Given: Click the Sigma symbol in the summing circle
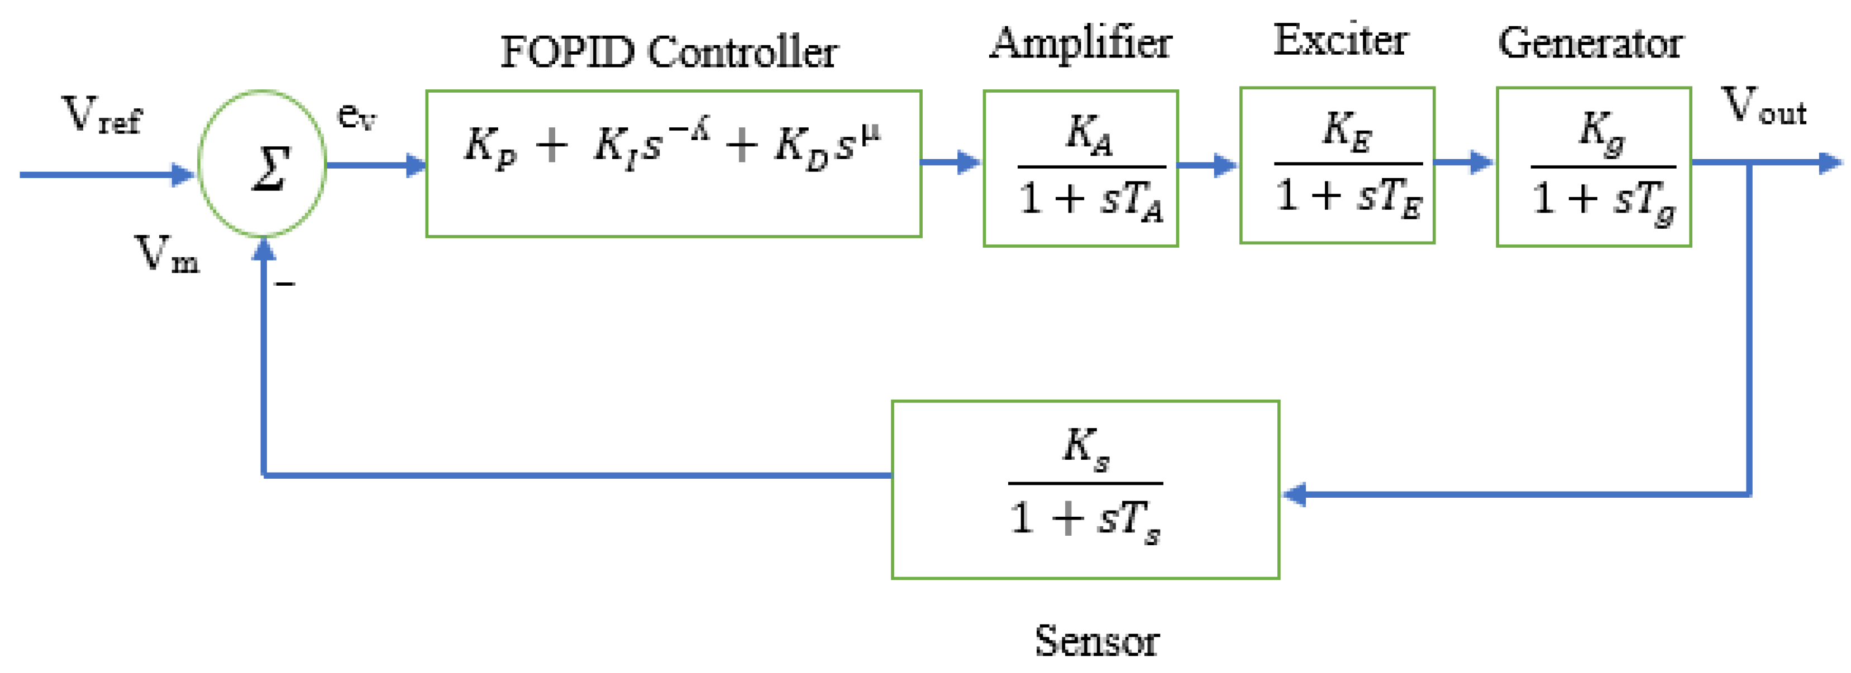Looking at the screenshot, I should (x=271, y=168).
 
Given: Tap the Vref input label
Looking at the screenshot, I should (x=101, y=115).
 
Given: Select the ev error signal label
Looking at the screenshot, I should (x=356, y=115).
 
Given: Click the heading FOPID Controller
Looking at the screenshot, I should (x=668, y=52).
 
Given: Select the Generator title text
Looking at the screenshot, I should (x=1590, y=43).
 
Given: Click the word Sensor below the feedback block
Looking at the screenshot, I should (x=1096, y=641).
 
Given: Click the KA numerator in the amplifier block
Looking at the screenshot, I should (x=1089, y=134).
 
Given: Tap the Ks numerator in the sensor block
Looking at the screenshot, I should (x=1085, y=449).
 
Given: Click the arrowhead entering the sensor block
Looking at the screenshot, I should (x=1294, y=494).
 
